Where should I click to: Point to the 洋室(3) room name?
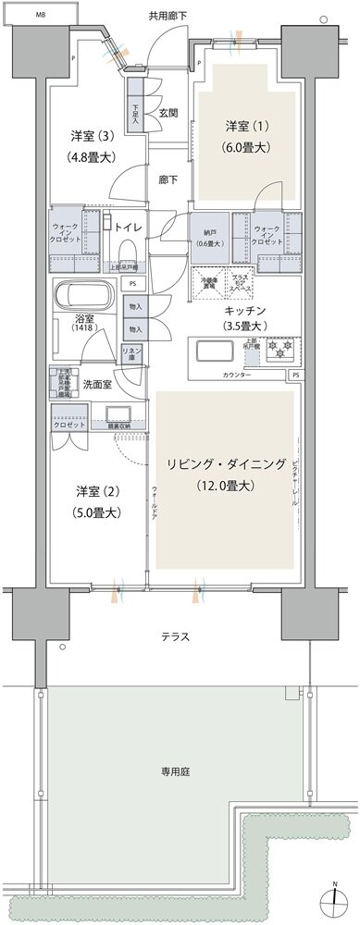[92, 136]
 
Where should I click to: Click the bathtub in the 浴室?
[84, 299]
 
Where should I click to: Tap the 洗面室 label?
[97, 385]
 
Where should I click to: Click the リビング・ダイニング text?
[227, 463]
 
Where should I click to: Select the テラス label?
[175, 636]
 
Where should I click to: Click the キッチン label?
[244, 311]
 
